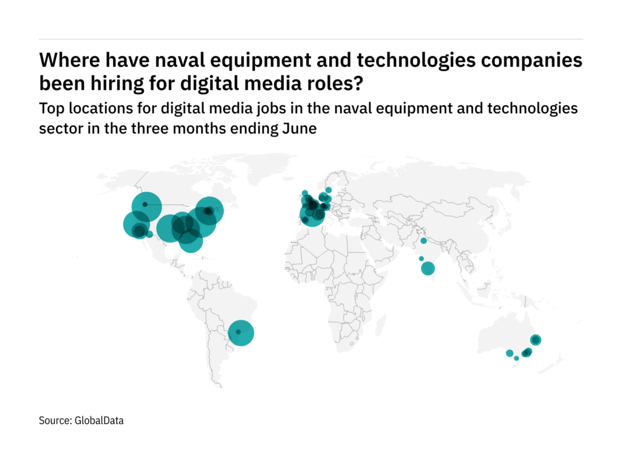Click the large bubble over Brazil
pos(238,332)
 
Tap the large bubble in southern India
pos(428,268)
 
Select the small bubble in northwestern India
pos(423,241)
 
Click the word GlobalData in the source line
pos(99,420)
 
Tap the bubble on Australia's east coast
pos(536,340)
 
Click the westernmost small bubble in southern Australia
pos(509,353)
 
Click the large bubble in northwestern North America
pos(145,205)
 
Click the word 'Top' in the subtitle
pos(50,109)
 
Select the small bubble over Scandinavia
pos(329,190)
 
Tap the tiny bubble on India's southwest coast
pos(421,258)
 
